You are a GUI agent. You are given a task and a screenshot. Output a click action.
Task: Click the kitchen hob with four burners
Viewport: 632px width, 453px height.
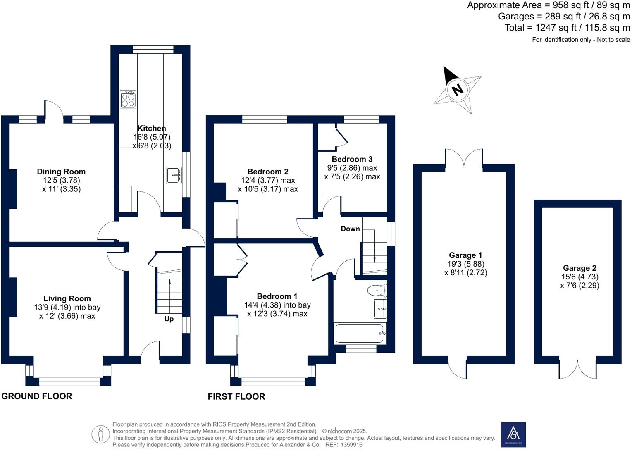(x=128, y=99)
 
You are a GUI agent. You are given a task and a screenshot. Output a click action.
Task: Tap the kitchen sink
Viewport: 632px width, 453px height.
(x=174, y=175)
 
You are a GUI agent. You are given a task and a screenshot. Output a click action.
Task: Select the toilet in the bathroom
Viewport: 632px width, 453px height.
(x=377, y=291)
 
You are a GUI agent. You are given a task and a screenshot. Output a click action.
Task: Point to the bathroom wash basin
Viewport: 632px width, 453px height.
(x=380, y=309)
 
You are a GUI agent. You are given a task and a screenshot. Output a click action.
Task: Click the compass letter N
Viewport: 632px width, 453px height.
(x=457, y=90)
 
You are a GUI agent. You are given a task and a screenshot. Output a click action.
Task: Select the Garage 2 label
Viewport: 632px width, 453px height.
(x=580, y=268)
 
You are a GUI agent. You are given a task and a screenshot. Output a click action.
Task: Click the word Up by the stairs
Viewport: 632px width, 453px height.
(x=169, y=319)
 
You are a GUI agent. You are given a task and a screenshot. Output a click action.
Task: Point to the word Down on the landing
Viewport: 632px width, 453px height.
(x=350, y=229)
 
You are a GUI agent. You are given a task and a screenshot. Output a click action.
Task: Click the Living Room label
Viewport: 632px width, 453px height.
(x=67, y=298)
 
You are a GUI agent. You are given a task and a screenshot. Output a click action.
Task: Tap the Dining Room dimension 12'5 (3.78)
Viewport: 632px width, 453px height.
(x=61, y=181)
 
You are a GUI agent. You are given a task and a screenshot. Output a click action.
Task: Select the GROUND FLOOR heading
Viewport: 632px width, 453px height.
(x=37, y=396)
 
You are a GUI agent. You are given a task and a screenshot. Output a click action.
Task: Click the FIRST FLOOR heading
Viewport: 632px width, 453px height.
(x=236, y=396)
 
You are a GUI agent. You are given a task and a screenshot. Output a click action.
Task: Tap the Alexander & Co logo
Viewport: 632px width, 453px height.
(x=513, y=434)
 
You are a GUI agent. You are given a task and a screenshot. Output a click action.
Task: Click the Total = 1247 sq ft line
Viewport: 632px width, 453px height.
(x=567, y=28)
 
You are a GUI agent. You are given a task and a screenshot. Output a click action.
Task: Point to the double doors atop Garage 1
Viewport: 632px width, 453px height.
(x=464, y=158)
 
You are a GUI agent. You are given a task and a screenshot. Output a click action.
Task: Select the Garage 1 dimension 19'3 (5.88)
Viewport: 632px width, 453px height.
(x=465, y=264)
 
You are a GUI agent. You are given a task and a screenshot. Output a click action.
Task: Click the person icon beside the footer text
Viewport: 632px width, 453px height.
(x=100, y=434)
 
